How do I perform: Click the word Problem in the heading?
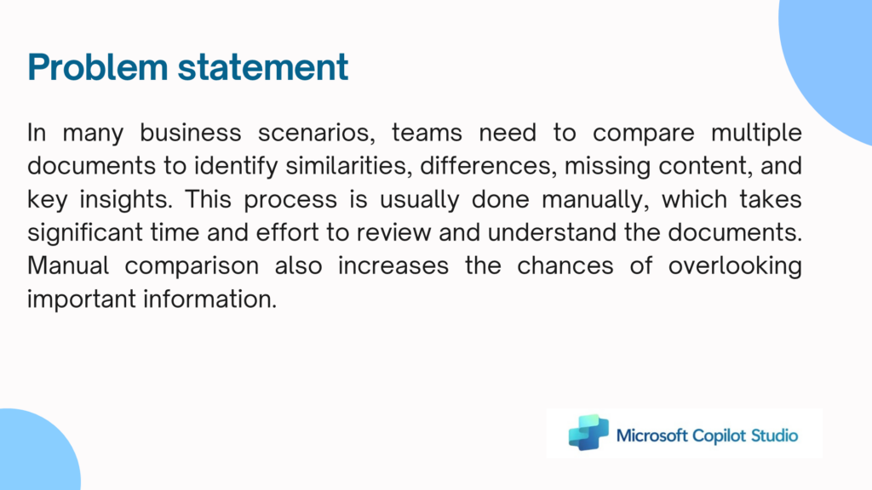(x=98, y=67)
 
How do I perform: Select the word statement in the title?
(x=263, y=67)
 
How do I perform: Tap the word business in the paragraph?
(x=191, y=132)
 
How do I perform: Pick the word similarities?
(x=348, y=166)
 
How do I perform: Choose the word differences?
(x=488, y=166)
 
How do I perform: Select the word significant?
(x=85, y=233)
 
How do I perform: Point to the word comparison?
(x=192, y=266)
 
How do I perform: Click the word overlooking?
(x=735, y=266)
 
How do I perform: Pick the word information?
(x=210, y=299)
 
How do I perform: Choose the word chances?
(x=565, y=266)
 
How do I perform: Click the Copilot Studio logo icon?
(x=588, y=432)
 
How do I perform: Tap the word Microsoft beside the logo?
(x=652, y=436)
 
